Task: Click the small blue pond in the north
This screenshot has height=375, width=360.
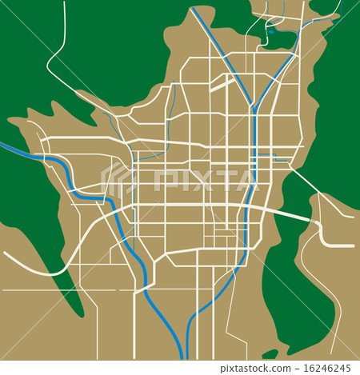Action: (x=270, y=32)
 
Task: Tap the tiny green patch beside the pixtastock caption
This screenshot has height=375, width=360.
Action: (x=270, y=353)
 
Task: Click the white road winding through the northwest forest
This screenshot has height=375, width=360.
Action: (x=60, y=48)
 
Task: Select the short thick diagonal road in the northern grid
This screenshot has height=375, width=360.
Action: (x=222, y=83)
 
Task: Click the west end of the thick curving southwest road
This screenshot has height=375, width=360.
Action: (x=6, y=254)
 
